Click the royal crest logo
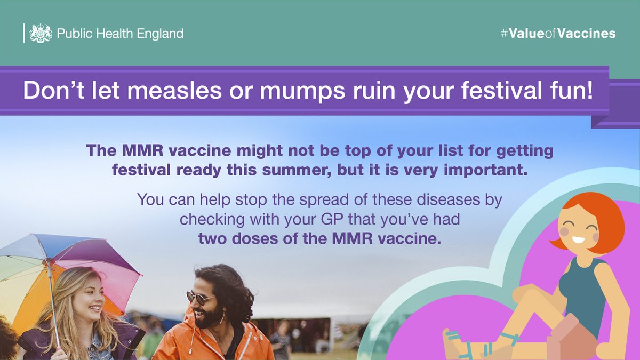pyautogui.click(x=41, y=33)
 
